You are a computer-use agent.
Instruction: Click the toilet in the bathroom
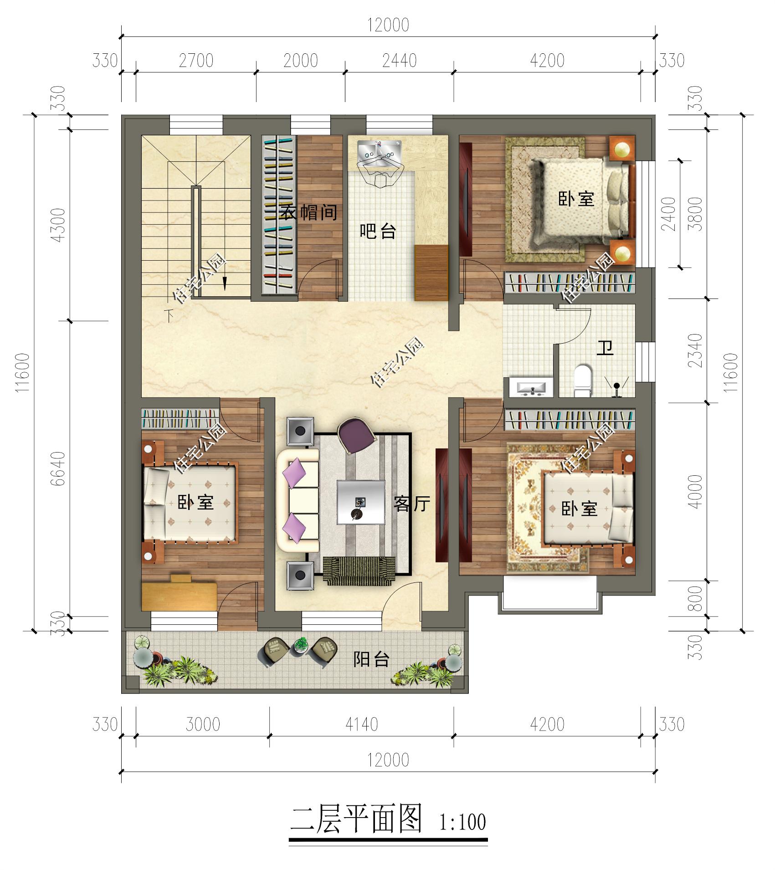pyautogui.click(x=582, y=380)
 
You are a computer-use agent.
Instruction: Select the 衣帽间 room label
pyautogui.click(x=309, y=212)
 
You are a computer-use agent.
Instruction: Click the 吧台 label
pyautogui.click(x=378, y=232)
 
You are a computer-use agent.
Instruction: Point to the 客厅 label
pyautogui.click(x=412, y=504)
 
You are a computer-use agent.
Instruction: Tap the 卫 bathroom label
pyautogui.click(x=605, y=349)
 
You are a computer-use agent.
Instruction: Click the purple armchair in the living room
pyautogui.click(x=357, y=436)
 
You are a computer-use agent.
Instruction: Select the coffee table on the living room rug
pyautogui.click(x=360, y=502)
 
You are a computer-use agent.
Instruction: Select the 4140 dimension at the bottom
pyautogui.click(x=361, y=724)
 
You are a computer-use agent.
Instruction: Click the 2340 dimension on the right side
pyautogui.click(x=696, y=350)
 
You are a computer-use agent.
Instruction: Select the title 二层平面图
pyautogui.click(x=356, y=819)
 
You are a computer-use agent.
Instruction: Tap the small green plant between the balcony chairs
pyautogui.click(x=300, y=645)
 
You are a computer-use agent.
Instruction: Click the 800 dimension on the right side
pyautogui.click(x=696, y=598)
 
